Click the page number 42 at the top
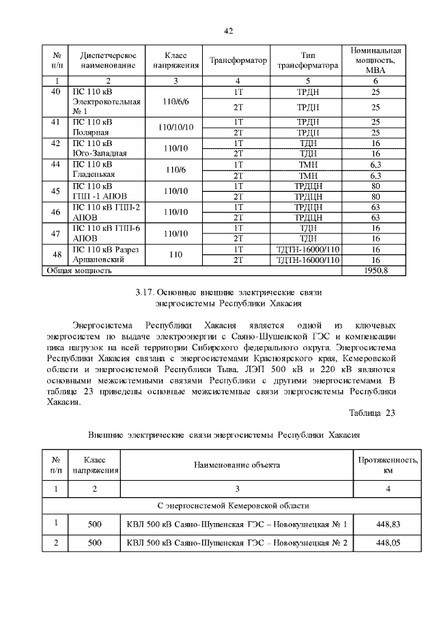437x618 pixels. [229, 31]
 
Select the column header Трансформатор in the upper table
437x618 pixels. [238, 61]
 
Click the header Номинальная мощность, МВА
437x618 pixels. [376, 61]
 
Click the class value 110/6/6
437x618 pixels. [175, 101]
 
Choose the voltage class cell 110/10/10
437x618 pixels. [175, 127]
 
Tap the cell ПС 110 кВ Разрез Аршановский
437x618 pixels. [106, 255]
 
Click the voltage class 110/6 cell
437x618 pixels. [175, 170]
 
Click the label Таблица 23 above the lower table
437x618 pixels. [371, 412]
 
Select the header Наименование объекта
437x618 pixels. [237, 465]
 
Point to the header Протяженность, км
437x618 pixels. [388, 465]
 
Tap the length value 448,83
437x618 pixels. [388, 524]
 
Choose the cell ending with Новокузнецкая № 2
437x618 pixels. [237, 544]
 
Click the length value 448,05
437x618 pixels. [388, 544]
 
